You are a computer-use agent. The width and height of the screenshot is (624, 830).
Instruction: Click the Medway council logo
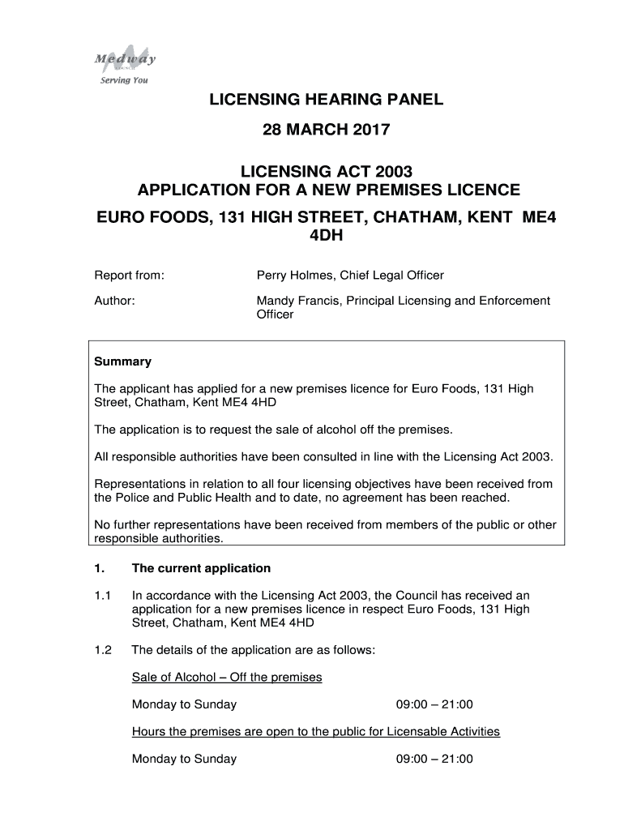[x=124, y=58]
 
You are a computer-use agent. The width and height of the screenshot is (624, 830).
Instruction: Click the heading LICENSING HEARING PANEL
[x=327, y=100]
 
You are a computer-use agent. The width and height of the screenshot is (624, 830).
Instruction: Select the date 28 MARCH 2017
[x=327, y=130]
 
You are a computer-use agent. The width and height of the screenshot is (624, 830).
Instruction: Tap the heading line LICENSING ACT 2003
[x=327, y=172]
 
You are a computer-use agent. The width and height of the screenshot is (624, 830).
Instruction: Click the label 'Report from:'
[x=130, y=276]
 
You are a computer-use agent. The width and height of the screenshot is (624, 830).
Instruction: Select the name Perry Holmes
[x=293, y=276]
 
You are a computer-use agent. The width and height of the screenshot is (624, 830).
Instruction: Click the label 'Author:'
[x=114, y=301]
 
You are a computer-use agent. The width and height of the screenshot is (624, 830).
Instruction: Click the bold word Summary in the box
[x=123, y=362]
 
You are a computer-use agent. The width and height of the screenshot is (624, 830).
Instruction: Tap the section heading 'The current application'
[x=201, y=568]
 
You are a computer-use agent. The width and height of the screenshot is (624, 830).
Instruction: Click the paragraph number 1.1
[x=102, y=595]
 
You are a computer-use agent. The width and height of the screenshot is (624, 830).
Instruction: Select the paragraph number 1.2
[x=102, y=649]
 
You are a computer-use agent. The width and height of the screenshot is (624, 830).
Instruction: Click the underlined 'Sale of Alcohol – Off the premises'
[x=227, y=677]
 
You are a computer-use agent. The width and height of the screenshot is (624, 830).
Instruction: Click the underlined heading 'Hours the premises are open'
[x=316, y=731]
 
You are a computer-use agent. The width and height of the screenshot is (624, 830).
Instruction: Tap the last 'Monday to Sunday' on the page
[x=184, y=759]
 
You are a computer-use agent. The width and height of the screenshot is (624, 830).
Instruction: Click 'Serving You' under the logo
[x=124, y=80]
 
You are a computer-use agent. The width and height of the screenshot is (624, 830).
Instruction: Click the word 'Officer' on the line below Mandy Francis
[x=276, y=314]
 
